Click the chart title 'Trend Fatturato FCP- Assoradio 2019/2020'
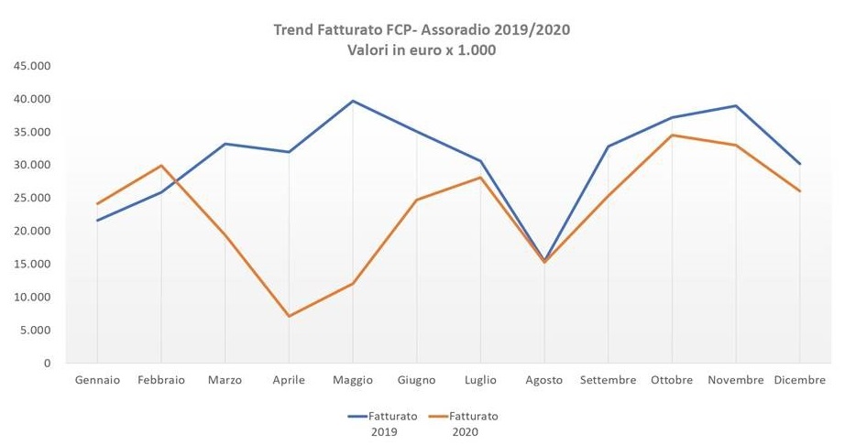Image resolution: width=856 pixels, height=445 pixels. point(422,30)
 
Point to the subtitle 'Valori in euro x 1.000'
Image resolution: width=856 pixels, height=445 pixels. point(422,50)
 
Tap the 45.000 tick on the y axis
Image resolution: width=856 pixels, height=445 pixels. point(32,66)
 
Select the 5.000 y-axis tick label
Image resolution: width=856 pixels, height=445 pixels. point(35,331)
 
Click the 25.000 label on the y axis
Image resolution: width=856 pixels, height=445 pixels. point(32,199)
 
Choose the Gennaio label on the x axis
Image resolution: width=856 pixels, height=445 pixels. point(97,380)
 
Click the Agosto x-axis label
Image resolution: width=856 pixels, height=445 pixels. point(544,380)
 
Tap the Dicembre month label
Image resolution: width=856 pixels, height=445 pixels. point(799,380)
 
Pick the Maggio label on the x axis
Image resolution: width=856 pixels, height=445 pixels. point(353,380)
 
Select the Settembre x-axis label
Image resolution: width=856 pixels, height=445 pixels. point(608,380)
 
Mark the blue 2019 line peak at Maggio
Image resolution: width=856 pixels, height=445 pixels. point(353,101)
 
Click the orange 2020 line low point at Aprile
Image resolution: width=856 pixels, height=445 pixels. point(290,316)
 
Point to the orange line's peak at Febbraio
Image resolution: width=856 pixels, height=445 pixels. point(161,166)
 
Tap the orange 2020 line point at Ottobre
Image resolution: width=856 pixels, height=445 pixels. point(672,136)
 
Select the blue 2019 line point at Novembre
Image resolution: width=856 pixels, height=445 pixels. point(736,106)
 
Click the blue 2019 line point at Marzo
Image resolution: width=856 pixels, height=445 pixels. point(225,144)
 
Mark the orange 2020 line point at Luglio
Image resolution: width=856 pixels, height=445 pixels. point(480,178)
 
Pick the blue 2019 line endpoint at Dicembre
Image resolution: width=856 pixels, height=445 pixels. point(799,164)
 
